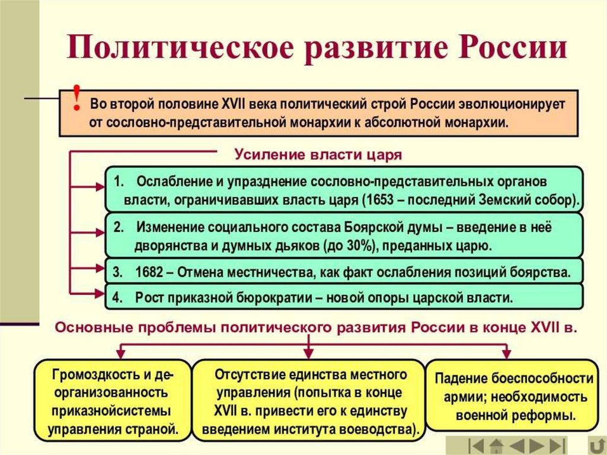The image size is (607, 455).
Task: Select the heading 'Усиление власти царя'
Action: (x=318, y=155)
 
